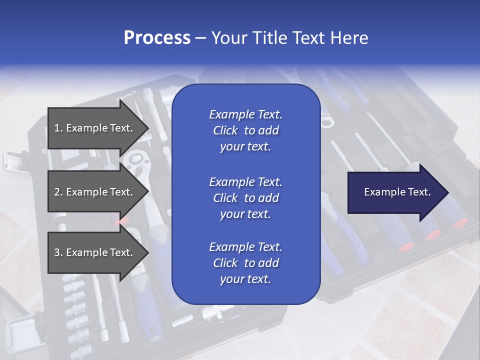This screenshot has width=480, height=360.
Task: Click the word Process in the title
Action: [x=157, y=38]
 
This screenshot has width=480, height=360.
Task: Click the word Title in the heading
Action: [x=270, y=38]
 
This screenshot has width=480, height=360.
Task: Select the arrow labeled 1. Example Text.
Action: [x=95, y=128]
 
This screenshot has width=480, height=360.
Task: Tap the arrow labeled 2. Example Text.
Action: [x=95, y=192]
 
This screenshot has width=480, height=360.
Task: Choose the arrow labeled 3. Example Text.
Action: [x=95, y=252]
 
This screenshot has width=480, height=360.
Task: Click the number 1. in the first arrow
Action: [x=58, y=128]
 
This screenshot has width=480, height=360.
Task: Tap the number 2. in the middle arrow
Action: [x=58, y=192]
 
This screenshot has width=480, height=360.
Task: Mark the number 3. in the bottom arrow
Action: [x=58, y=252]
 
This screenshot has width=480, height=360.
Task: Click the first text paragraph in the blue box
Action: [x=245, y=130]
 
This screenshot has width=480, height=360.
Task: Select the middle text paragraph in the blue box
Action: [x=245, y=197]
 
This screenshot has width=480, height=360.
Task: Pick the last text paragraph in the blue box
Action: [x=245, y=263]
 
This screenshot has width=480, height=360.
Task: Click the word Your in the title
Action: [x=229, y=38]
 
